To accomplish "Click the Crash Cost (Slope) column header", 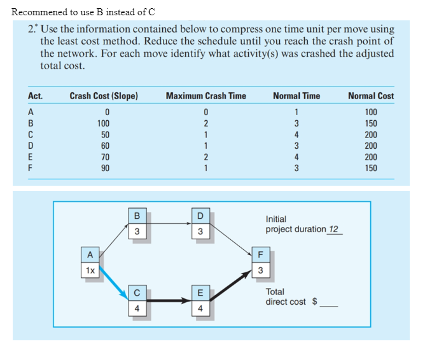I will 104,96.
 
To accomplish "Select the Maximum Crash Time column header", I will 206,96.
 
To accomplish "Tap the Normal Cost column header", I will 371,96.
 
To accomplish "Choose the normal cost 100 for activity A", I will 371,113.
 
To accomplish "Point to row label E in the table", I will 31,157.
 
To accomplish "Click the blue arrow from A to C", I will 112,283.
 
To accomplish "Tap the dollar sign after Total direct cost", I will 314,302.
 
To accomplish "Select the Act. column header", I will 36,96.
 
